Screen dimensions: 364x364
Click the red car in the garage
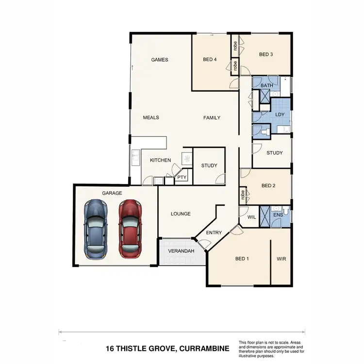click(x=130, y=228)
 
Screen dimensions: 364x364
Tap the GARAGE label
click(x=112, y=193)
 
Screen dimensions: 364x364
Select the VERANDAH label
click(x=181, y=251)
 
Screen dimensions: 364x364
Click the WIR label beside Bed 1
click(x=281, y=259)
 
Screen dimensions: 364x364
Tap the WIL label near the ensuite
click(x=251, y=217)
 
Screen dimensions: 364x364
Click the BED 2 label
click(x=268, y=185)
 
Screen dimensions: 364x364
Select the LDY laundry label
click(x=280, y=115)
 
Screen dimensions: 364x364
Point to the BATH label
click(x=266, y=86)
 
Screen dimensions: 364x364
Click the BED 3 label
click(x=266, y=54)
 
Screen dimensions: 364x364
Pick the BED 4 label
click(x=210, y=60)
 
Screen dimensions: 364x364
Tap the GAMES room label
click(x=160, y=60)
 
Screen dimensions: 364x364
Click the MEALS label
click(x=151, y=117)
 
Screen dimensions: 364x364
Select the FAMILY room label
click(x=212, y=117)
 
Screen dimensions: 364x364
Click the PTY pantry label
click(x=182, y=178)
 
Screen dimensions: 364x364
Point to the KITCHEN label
click(x=160, y=160)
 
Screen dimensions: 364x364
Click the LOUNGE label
click(x=181, y=214)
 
